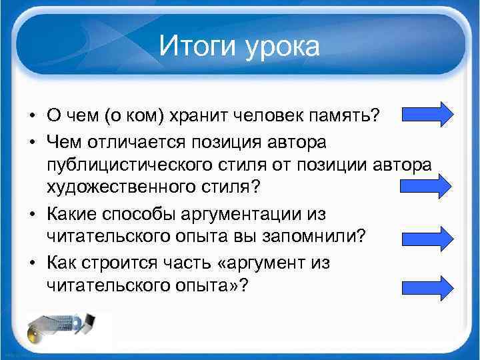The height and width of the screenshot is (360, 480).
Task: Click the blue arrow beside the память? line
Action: [x=427, y=114]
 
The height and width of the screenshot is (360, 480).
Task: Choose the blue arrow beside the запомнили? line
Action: [x=427, y=237]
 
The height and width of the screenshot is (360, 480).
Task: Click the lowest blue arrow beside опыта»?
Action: [x=427, y=287]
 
